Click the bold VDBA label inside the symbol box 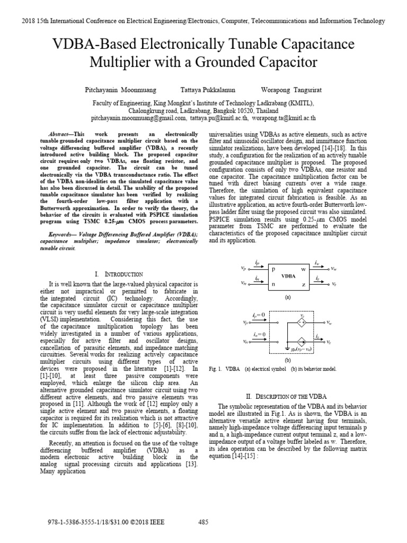(x=288, y=276)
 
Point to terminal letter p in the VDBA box (x=274, y=269)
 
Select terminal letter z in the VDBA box (x=304, y=284)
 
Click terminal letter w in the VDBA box (x=304, y=269)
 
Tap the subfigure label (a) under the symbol (x=288, y=298)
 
